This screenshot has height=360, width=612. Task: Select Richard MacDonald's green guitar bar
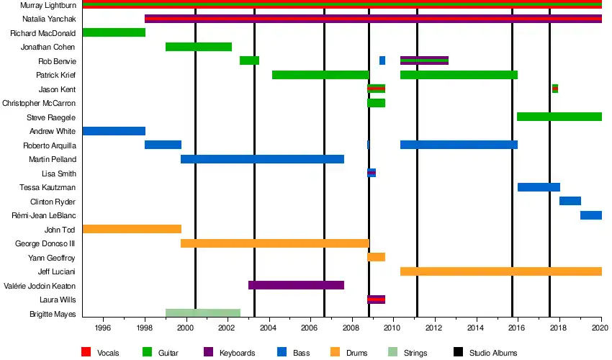click(x=114, y=32)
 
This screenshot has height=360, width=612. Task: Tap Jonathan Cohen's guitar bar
click(x=199, y=47)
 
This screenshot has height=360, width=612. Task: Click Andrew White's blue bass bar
click(x=114, y=131)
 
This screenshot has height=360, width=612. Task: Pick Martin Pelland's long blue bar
click(x=262, y=159)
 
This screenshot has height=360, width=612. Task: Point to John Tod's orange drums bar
click(x=132, y=229)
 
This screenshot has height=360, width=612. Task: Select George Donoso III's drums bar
click(x=274, y=243)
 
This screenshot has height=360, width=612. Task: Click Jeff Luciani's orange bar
click(x=500, y=271)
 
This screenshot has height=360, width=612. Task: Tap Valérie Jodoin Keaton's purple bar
click(x=296, y=285)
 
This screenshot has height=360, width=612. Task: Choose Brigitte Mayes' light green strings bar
click(x=202, y=313)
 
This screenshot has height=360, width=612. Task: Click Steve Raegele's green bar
click(x=559, y=117)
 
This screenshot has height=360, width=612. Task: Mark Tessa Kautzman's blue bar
click(x=539, y=187)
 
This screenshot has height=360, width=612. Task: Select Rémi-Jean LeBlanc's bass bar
click(x=590, y=215)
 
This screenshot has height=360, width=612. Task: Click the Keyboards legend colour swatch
click(x=209, y=352)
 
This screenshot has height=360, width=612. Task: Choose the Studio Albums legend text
click(x=492, y=353)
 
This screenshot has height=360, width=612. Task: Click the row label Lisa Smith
click(x=60, y=174)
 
